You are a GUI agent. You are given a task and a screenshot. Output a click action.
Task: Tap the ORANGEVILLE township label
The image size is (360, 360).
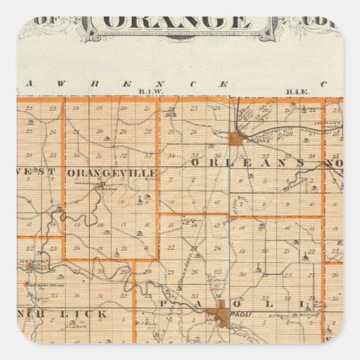(x=112, y=173)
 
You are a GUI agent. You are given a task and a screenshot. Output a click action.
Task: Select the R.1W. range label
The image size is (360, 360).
(x=147, y=90)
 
